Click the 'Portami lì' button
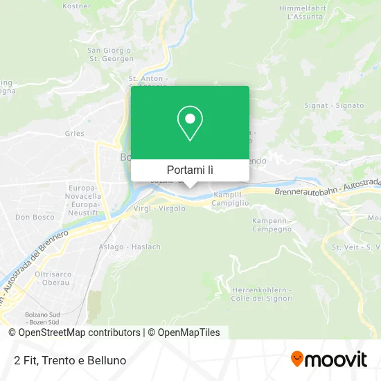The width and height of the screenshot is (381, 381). click(x=190, y=170)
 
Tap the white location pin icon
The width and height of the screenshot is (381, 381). click(x=190, y=123)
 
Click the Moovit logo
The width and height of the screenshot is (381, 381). click(x=328, y=360)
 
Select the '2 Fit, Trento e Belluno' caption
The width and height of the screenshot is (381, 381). click(x=69, y=360)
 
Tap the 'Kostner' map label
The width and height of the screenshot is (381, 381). click(x=77, y=6)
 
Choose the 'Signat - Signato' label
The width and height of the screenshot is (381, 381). click(x=334, y=105)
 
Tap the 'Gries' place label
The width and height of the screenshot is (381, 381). click(x=74, y=134)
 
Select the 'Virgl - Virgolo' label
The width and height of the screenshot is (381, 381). click(x=162, y=209)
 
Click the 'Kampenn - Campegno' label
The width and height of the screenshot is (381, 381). click(x=273, y=224)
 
